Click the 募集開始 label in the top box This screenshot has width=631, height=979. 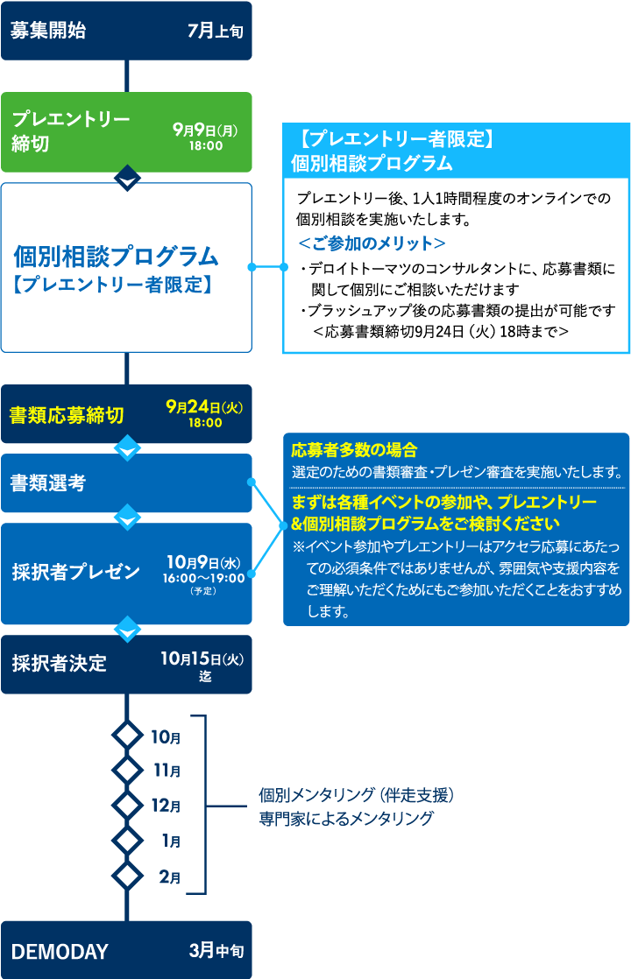[x=48, y=31]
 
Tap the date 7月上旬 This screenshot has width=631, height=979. [x=215, y=31]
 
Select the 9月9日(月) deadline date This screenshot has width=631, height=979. [x=205, y=130]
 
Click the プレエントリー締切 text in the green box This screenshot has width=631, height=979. [x=70, y=131]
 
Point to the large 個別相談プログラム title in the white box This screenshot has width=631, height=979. [x=116, y=257]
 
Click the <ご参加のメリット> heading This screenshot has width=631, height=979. [x=372, y=243]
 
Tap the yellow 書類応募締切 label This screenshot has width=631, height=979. [x=67, y=415]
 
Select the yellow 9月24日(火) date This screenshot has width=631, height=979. [x=204, y=406]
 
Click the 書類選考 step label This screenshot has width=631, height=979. [x=48, y=482]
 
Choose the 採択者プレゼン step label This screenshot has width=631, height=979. [x=76, y=573]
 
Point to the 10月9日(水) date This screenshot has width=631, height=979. [x=204, y=561]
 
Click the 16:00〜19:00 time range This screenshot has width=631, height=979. [x=204, y=578]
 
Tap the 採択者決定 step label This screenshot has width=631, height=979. [x=60, y=664]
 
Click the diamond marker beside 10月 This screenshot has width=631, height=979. [x=128, y=735]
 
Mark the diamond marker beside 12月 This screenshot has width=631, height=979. [x=128, y=805]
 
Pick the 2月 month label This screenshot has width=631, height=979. [x=170, y=877]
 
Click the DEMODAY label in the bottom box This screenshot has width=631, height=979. [x=60, y=952]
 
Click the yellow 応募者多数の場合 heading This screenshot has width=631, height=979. [x=354, y=451]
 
